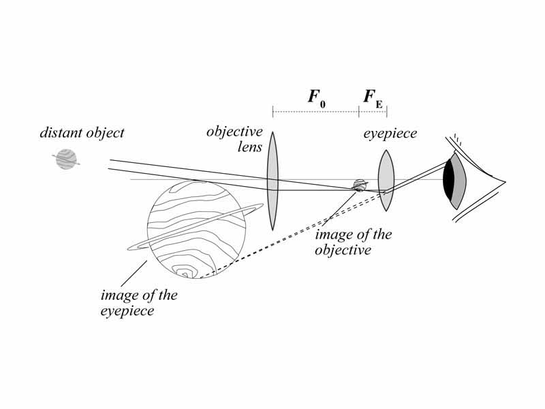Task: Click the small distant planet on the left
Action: (x=65, y=160)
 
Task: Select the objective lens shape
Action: (x=272, y=181)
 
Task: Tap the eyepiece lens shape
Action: (x=386, y=180)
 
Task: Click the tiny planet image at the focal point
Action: (x=359, y=185)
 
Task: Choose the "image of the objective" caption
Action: (x=353, y=242)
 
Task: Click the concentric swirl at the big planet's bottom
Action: (x=184, y=272)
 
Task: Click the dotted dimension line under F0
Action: (x=315, y=108)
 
